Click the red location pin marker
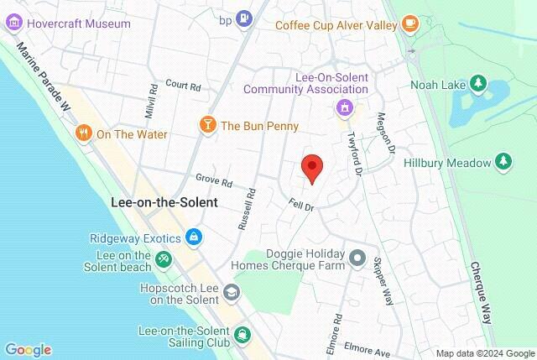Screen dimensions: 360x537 point(312,169)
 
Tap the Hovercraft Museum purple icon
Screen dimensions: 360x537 point(14,23)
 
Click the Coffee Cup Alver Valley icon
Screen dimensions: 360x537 point(410,23)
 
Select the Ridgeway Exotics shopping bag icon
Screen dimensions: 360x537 point(195,237)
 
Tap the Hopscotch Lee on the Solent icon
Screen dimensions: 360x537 point(230,292)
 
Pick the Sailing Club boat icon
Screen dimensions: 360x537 point(242,334)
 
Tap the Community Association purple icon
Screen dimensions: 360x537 point(343,107)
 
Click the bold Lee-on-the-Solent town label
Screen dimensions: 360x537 point(164,202)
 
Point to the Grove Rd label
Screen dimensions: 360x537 point(213,180)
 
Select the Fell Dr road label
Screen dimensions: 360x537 point(300,205)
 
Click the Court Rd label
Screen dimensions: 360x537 point(184,85)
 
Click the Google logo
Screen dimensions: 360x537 point(28,350)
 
